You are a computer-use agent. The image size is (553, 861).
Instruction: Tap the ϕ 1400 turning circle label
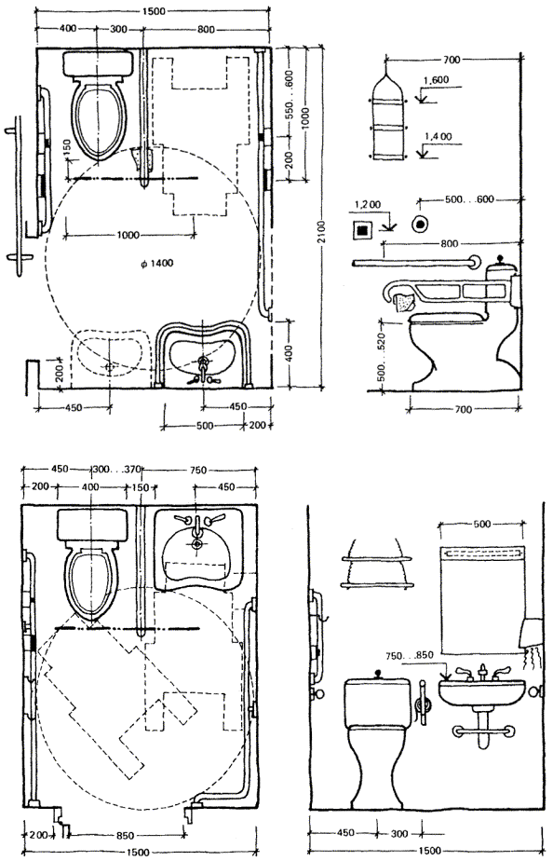click(156, 264)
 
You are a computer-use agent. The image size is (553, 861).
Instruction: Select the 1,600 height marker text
click(436, 80)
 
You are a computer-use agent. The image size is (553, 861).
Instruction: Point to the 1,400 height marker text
click(438, 137)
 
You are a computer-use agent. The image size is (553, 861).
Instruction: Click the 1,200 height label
click(368, 205)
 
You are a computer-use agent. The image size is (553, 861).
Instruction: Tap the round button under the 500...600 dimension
click(421, 224)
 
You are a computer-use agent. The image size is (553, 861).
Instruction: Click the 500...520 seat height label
click(383, 356)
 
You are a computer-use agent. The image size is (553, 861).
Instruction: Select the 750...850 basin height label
click(410, 655)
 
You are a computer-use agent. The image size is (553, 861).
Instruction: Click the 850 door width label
click(125, 836)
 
